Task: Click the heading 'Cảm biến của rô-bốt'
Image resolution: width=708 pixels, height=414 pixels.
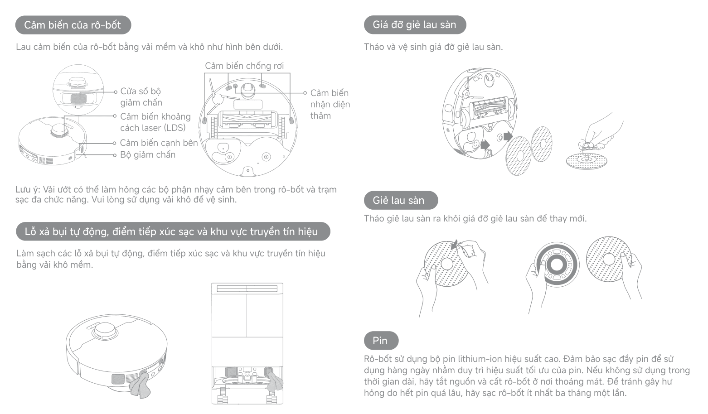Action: tap(73, 25)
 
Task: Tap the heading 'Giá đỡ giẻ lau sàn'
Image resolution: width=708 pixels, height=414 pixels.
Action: tap(415, 24)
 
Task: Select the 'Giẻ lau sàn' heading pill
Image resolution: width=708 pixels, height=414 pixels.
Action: tap(401, 200)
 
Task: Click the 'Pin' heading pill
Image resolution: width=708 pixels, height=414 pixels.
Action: tap(381, 341)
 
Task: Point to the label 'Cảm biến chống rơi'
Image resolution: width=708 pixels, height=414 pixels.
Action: tap(244, 66)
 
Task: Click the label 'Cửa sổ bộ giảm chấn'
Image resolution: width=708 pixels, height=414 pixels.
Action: tap(141, 96)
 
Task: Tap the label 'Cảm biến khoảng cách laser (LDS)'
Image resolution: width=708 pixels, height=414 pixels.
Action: tap(155, 122)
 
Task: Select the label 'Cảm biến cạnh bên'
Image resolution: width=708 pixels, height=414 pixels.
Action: tap(159, 143)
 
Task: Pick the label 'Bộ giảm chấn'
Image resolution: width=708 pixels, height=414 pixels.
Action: tap(148, 154)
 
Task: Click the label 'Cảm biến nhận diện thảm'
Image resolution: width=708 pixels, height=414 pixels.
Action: tap(330, 104)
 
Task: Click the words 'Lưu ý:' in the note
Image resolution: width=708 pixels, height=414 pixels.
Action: tap(28, 189)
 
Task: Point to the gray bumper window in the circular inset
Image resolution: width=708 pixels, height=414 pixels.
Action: tap(78, 98)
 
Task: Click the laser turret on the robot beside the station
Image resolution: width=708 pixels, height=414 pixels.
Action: tap(104, 332)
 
